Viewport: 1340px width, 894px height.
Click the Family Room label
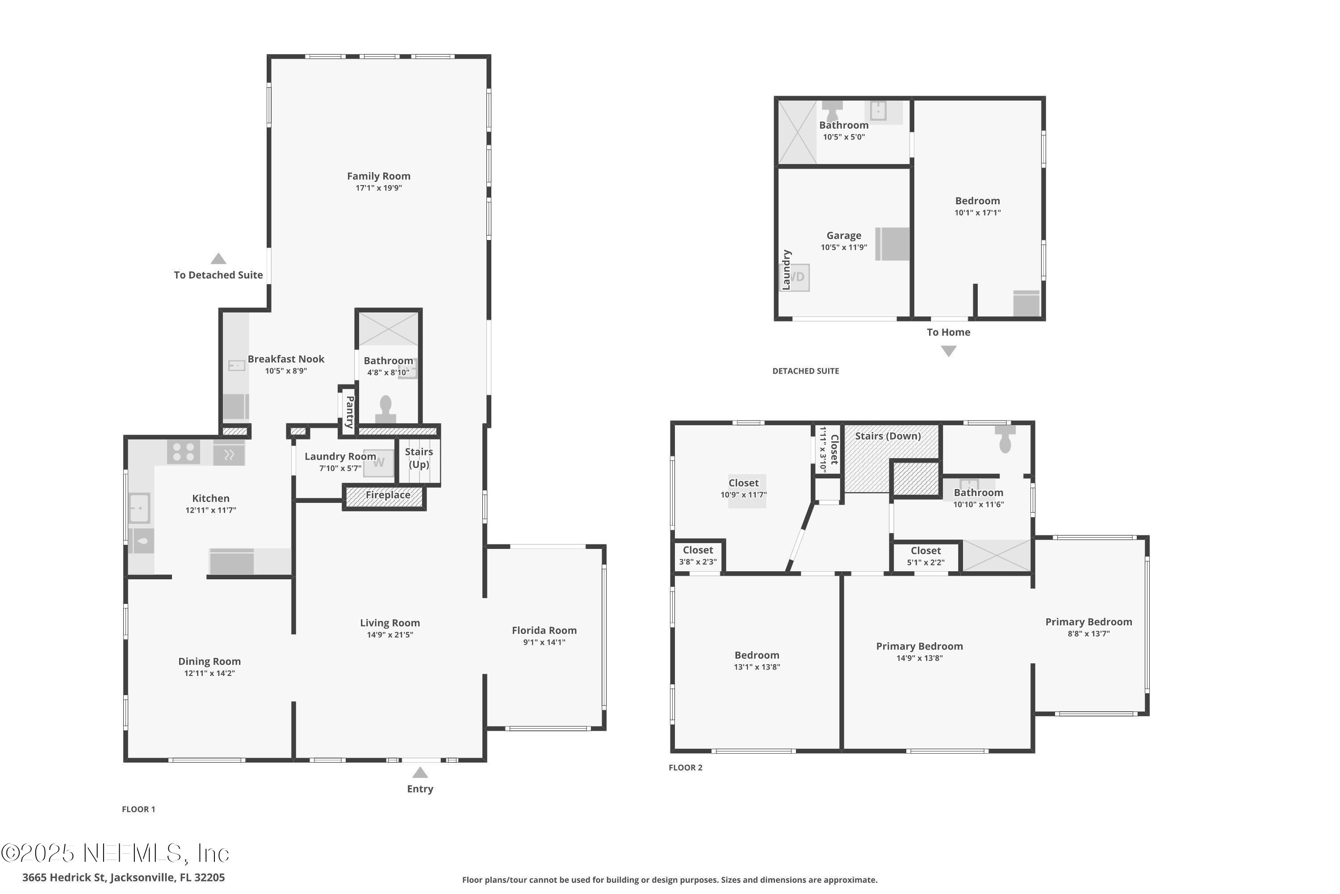378,176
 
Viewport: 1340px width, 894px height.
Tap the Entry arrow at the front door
420,772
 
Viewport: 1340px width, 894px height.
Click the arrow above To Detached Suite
218,259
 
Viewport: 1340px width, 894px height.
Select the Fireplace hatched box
385,496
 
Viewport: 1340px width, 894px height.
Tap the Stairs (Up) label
419,458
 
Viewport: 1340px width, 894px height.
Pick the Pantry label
349,412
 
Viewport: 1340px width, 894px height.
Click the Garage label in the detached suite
844,236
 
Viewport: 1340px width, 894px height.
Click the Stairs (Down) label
888,436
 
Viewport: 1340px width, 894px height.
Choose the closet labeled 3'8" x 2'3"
698,556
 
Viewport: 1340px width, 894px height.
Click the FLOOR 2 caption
685,767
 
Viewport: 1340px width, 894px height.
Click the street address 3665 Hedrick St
123,877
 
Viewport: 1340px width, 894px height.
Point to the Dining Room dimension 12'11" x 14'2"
209,673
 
